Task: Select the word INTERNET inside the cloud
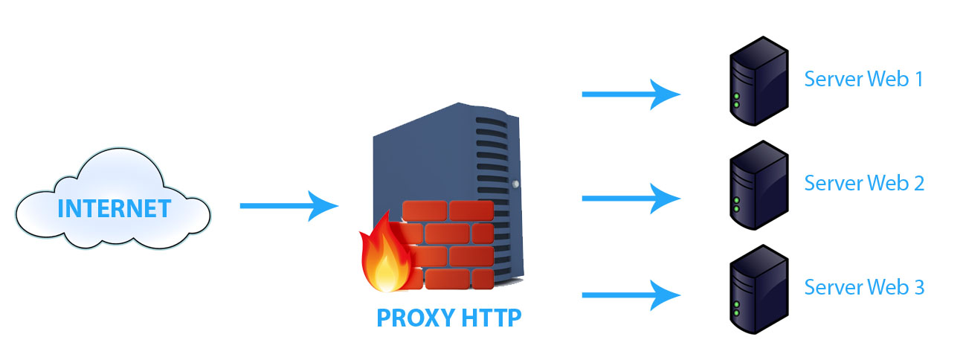pyautogui.click(x=114, y=209)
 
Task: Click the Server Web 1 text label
pyautogui.click(x=863, y=79)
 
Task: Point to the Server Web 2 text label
pyautogui.click(x=863, y=183)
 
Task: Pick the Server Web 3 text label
pyautogui.click(x=863, y=287)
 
